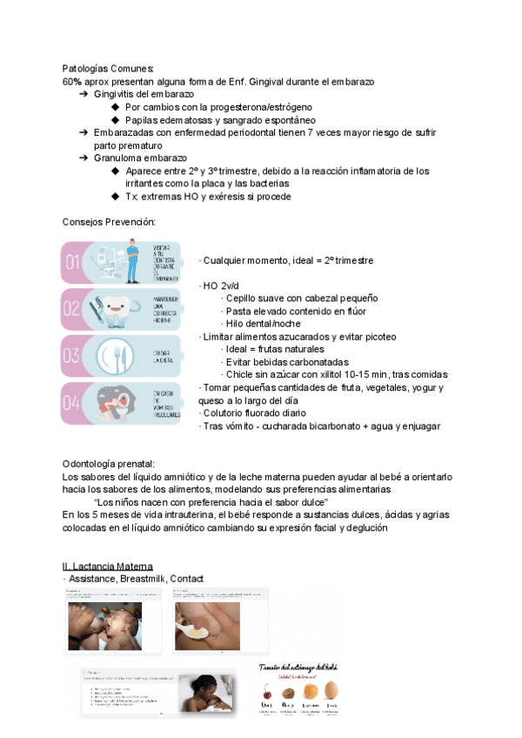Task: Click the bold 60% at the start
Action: [x=70, y=81]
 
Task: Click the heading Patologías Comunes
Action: [x=108, y=68]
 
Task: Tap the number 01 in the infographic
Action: [x=74, y=262]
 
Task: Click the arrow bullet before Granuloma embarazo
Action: [x=84, y=158]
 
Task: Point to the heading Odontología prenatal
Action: [x=109, y=464]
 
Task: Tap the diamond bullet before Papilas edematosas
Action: [x=116, y=120]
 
